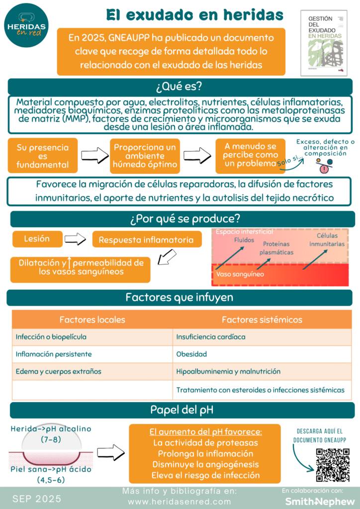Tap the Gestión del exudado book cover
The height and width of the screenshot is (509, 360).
coord(324,43)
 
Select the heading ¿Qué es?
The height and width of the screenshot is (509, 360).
coord(180,86)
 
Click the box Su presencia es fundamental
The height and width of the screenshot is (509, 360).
coord(42,156)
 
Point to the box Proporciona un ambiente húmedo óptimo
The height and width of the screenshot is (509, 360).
coord(145,156)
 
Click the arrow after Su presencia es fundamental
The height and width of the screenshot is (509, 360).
coord(94,156)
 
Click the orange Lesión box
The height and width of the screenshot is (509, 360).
coord(37,239)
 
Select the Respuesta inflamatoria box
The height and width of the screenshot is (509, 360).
coord(146,240)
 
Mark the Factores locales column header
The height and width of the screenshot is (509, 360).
coord(92,320)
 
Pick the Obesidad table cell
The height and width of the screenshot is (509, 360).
coord(191,354)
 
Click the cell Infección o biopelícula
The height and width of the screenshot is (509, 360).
coord(51,337)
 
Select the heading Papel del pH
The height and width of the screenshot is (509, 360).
coord(180,411)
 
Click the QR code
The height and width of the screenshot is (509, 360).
coord(333,465)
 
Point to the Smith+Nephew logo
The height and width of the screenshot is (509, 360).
coord(320,501)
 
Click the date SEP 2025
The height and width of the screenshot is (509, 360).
coord(37,498)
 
